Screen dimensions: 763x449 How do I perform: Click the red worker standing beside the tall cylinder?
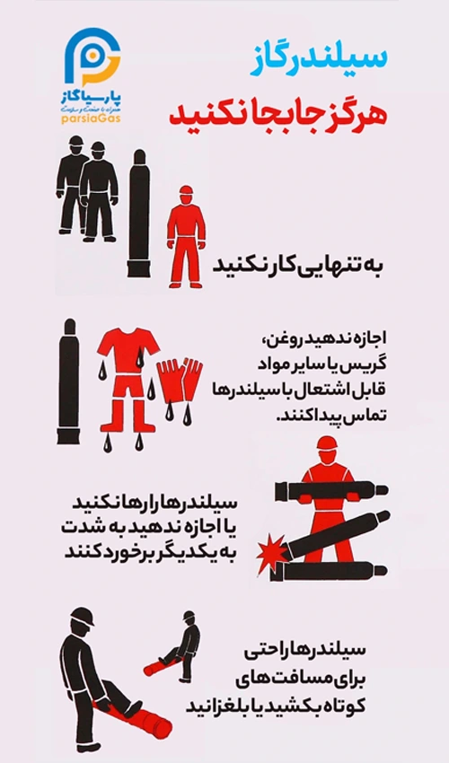click(186, 238)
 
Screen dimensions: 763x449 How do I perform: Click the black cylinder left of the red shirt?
click(68, 376)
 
